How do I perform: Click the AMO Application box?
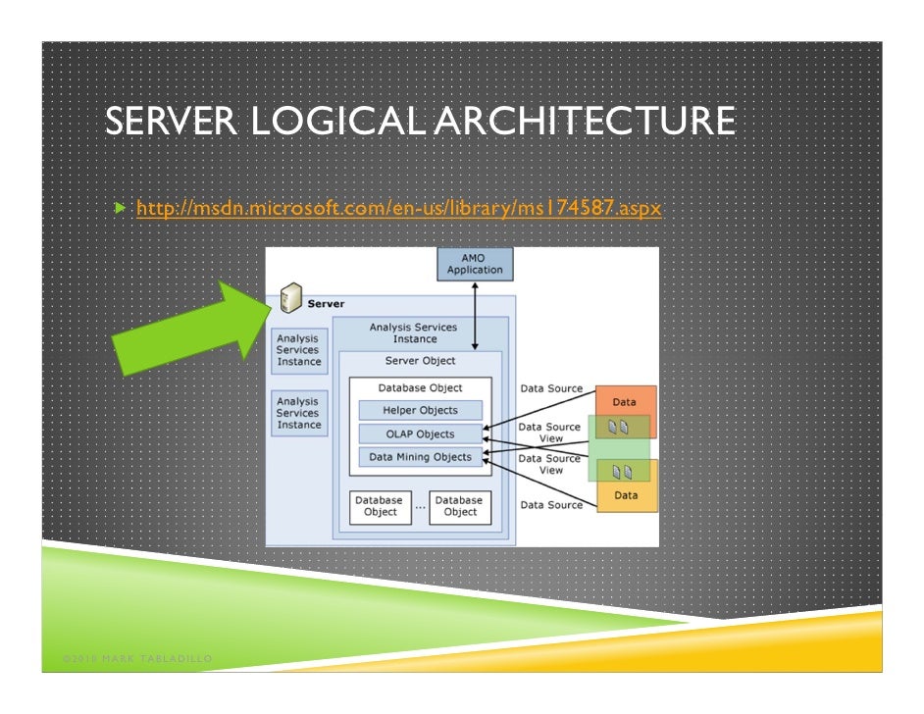tap(475, 263)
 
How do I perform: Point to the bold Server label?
tap(326, 304)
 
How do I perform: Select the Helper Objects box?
tap(420, 410)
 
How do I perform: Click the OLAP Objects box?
tap(420, 433)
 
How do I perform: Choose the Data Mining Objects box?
tap(420, 457)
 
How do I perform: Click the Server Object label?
tap(420, 361)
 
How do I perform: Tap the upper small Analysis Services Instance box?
tap(298, 350)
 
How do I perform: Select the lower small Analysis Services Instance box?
tap(298, 413)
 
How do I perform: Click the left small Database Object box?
tap(380, 506)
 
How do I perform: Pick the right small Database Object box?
tap(460, 506)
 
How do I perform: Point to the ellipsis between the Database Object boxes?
tap(420, 507)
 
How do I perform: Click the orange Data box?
tap(624, 401)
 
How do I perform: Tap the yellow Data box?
tap(626, 496)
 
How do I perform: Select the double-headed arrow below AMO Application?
tap(475, 315)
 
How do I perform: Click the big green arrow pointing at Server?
tap(186, 329)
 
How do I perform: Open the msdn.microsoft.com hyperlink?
tap(398, 209)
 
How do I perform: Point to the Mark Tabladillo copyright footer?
tap(128, 656)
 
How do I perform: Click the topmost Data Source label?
tap(550, 389)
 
